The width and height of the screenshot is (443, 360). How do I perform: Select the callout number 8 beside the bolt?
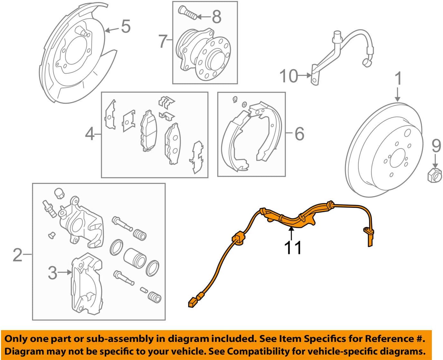(x=216, y=17)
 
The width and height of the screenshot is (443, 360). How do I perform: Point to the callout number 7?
(x=163, y=41)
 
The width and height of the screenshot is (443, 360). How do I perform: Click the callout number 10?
(x=289, y=76)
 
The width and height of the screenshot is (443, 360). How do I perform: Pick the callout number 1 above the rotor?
(x=398, y=78)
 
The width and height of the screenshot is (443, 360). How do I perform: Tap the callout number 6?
(x=299, y=133)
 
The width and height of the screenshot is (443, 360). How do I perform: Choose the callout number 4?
(x=90, y=134)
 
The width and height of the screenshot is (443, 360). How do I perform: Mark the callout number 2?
(x=18, y=255)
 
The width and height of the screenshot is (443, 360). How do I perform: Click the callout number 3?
(x=52, y=273)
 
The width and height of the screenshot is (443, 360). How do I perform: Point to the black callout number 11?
(x=292, y=248)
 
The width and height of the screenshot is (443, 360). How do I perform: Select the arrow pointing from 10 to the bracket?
(x=305, y=75)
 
